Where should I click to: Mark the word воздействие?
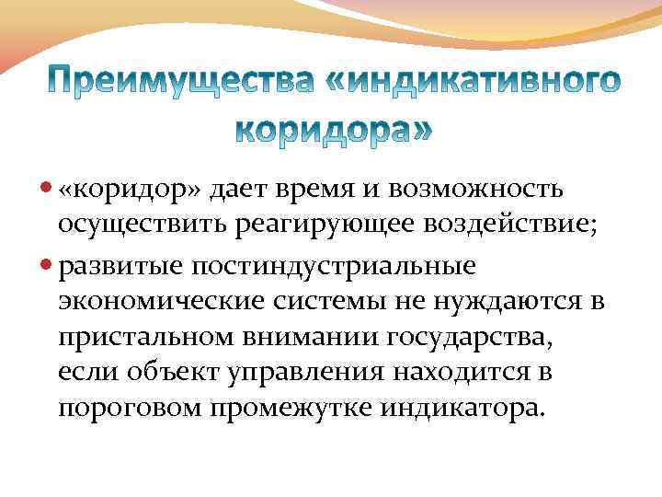coord(507,226)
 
